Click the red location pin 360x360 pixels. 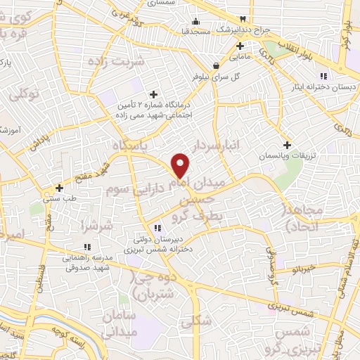181,165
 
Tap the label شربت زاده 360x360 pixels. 116,61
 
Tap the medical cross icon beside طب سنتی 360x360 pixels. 60,188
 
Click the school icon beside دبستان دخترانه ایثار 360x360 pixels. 323,76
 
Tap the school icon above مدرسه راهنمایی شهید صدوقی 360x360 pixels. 87,247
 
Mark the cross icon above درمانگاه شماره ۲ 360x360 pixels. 153,94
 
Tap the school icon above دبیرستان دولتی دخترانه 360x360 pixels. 157,227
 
